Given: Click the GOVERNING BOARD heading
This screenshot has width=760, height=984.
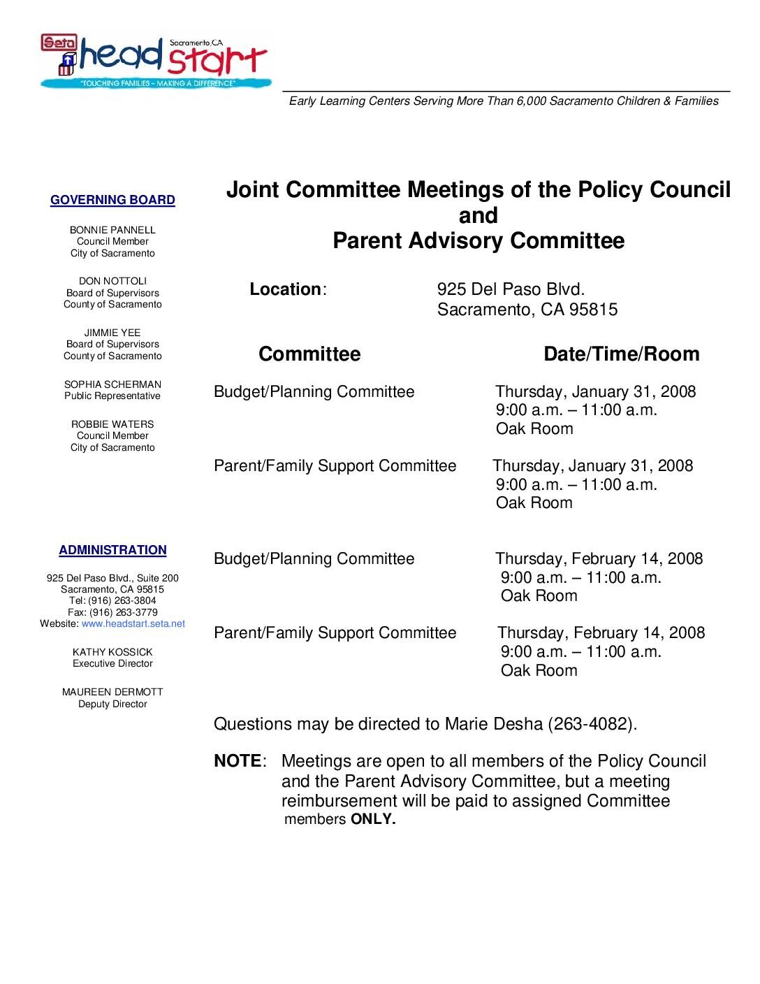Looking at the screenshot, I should click(112, 201).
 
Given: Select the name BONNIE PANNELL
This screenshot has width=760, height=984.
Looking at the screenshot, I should click(112, 230).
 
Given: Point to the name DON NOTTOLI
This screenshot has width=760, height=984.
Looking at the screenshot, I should click(112, 281).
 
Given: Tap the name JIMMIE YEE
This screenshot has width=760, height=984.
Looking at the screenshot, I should click(112, 333).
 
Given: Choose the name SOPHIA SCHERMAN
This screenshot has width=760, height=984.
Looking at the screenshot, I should click(112, 384).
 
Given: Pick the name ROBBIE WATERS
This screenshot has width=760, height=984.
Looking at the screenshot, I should click(112, 424).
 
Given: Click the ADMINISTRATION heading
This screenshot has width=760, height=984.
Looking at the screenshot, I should click(112, 551).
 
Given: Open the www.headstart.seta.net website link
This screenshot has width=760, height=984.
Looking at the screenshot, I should click(133, 623).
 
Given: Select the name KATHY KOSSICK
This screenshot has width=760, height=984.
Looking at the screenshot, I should click(112, 652).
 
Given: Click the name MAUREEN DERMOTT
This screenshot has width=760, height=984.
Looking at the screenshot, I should click(112, 692).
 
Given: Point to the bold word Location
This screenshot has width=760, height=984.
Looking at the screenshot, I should click(285, 289).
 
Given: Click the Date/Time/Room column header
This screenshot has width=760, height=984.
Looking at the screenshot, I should click(621, 354).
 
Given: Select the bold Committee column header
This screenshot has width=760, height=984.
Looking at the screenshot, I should click(309, 354).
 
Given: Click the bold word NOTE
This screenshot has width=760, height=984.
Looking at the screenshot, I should click(237, 761).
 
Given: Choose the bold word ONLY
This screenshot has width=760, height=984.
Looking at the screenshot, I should click(372, 820).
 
